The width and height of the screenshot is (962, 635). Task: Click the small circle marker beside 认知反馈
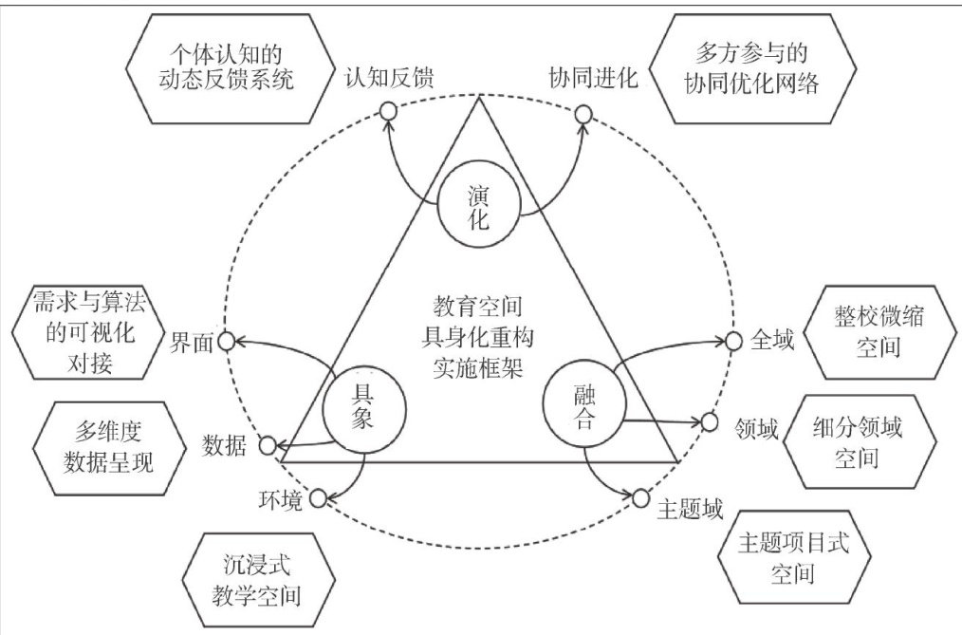pos(388,111)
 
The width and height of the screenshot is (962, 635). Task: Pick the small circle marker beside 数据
pos(268,444)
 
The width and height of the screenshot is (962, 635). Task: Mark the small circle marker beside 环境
pos(319,496)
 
